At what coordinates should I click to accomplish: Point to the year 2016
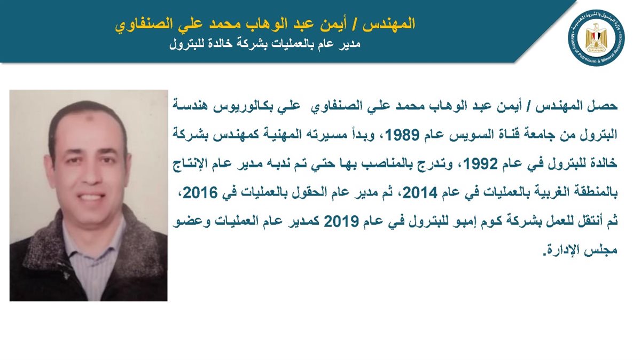pos(200,193)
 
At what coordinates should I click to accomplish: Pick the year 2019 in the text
pos(341,222)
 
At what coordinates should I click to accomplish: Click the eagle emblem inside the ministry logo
pos(596,38)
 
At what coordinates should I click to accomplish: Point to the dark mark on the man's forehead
pos(91,119)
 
